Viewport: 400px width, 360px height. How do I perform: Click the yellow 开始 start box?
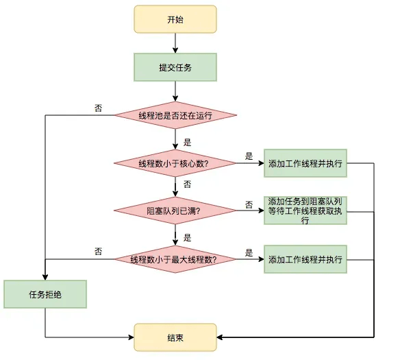[x=175, y=20]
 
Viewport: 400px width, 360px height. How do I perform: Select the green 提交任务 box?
[x=175, y=67]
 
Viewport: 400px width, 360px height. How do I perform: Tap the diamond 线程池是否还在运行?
[x=175, y=115]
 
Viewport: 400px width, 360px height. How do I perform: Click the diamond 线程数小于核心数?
[x=175, y=163]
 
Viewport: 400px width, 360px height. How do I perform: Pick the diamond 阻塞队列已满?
[x=175, y=211]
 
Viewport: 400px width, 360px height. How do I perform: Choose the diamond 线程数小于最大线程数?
[x=175, y=259]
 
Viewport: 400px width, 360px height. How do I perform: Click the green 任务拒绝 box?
[x=45, y=294]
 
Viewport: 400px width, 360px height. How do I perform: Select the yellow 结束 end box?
[x=175, y=337]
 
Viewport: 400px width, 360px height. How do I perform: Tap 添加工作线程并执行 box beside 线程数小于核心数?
[x=305, y=163]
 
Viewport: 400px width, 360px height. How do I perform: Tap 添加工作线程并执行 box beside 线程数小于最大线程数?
[x=305, y=259]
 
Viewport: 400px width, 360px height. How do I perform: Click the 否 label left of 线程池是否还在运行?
[x=99, y=108]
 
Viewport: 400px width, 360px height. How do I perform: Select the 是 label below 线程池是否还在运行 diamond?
[x=188, y=143]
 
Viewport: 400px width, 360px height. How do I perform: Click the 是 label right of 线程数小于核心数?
[x=249, y=156]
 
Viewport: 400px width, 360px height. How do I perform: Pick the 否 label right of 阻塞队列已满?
[x=249, y=204]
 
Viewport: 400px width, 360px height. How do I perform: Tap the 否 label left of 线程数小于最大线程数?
[x=99, y=252]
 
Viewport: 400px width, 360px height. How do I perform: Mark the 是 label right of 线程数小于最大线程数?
[x=249, y=252]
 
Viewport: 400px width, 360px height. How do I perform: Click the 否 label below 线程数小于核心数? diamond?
[x=188, y=184]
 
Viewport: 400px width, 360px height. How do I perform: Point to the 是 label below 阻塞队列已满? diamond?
[x=188, y=237]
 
